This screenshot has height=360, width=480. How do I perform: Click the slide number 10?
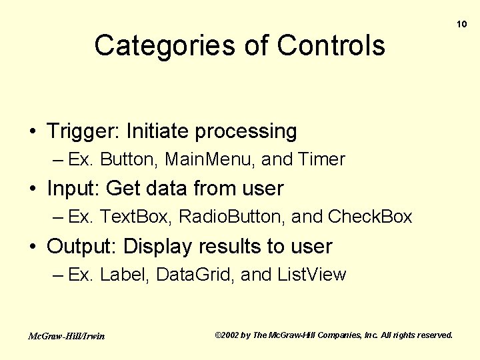461,24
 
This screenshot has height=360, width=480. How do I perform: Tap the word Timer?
321,160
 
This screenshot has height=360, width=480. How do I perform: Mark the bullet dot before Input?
33,189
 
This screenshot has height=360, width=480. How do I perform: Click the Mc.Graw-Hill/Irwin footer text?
66,336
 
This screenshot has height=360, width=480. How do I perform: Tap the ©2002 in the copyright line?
227,335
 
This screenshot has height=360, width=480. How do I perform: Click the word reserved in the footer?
434,335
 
